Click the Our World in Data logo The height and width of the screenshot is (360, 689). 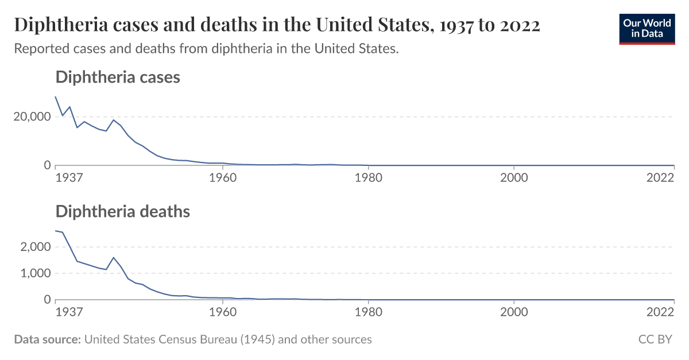[x=647, y=28]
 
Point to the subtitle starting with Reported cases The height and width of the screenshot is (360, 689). [x=206, y=49]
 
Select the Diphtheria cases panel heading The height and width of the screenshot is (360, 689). [x=118, y=77]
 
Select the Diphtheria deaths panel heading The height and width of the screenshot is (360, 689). [x=122, y=211]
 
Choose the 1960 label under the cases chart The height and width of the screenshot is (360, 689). [x=223, y=177]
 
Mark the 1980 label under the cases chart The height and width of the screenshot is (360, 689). [x=369, y=177]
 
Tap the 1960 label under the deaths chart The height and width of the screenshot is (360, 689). [x=223, y=312]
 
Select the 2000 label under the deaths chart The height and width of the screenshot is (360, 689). [x=514, y=312]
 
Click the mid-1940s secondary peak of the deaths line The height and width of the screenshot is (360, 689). [x=114, y=258]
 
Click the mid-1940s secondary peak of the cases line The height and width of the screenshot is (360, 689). [x=114, y=120]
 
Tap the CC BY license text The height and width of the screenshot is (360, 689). [x=655, y=339]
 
